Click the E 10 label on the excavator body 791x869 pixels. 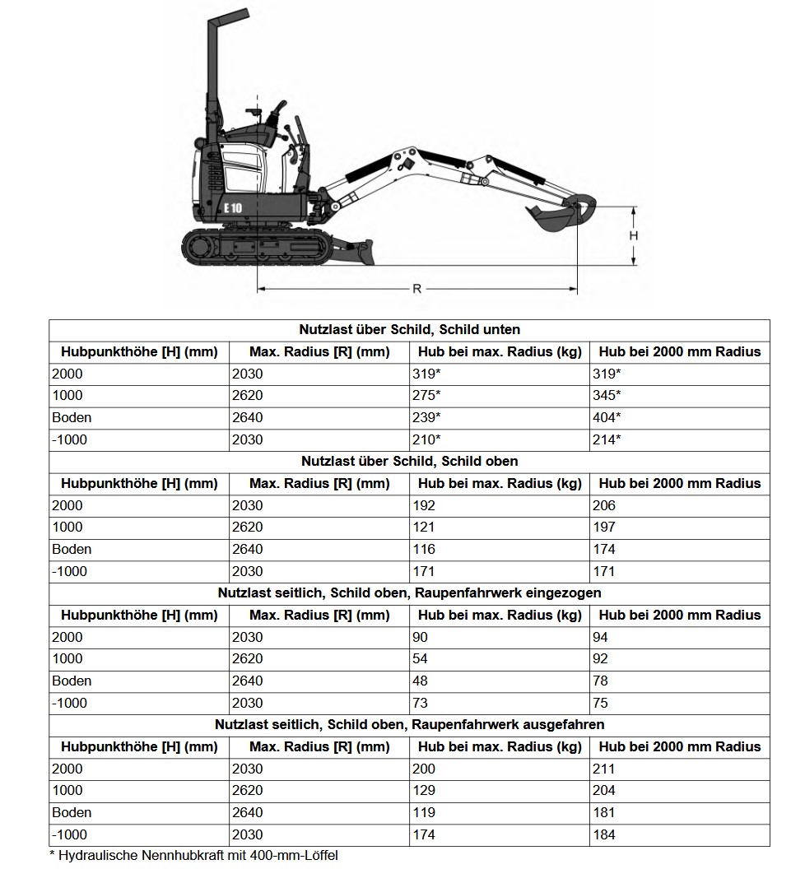tap(233, 207)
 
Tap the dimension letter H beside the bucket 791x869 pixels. tap(634, 235)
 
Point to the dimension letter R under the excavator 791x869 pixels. tap(416, 289)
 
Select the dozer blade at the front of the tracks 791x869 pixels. tap(355, 250)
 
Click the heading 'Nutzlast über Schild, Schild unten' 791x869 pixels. tap(409, 329)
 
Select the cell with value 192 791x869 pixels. tap(425, 505)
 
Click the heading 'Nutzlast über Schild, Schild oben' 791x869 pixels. tap(409, 461)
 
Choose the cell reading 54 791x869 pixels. tap(421, 658)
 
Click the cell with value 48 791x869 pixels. tap(421, 681)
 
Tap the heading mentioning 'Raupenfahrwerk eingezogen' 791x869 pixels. tap(409, 592)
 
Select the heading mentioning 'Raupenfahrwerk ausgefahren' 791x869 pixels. tap(409, 724)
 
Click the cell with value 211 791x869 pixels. tap(603, 769)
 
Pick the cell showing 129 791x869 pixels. tap(425, 790)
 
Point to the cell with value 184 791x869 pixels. tap(603, 834)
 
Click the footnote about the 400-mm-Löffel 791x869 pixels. tap(193, 856)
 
